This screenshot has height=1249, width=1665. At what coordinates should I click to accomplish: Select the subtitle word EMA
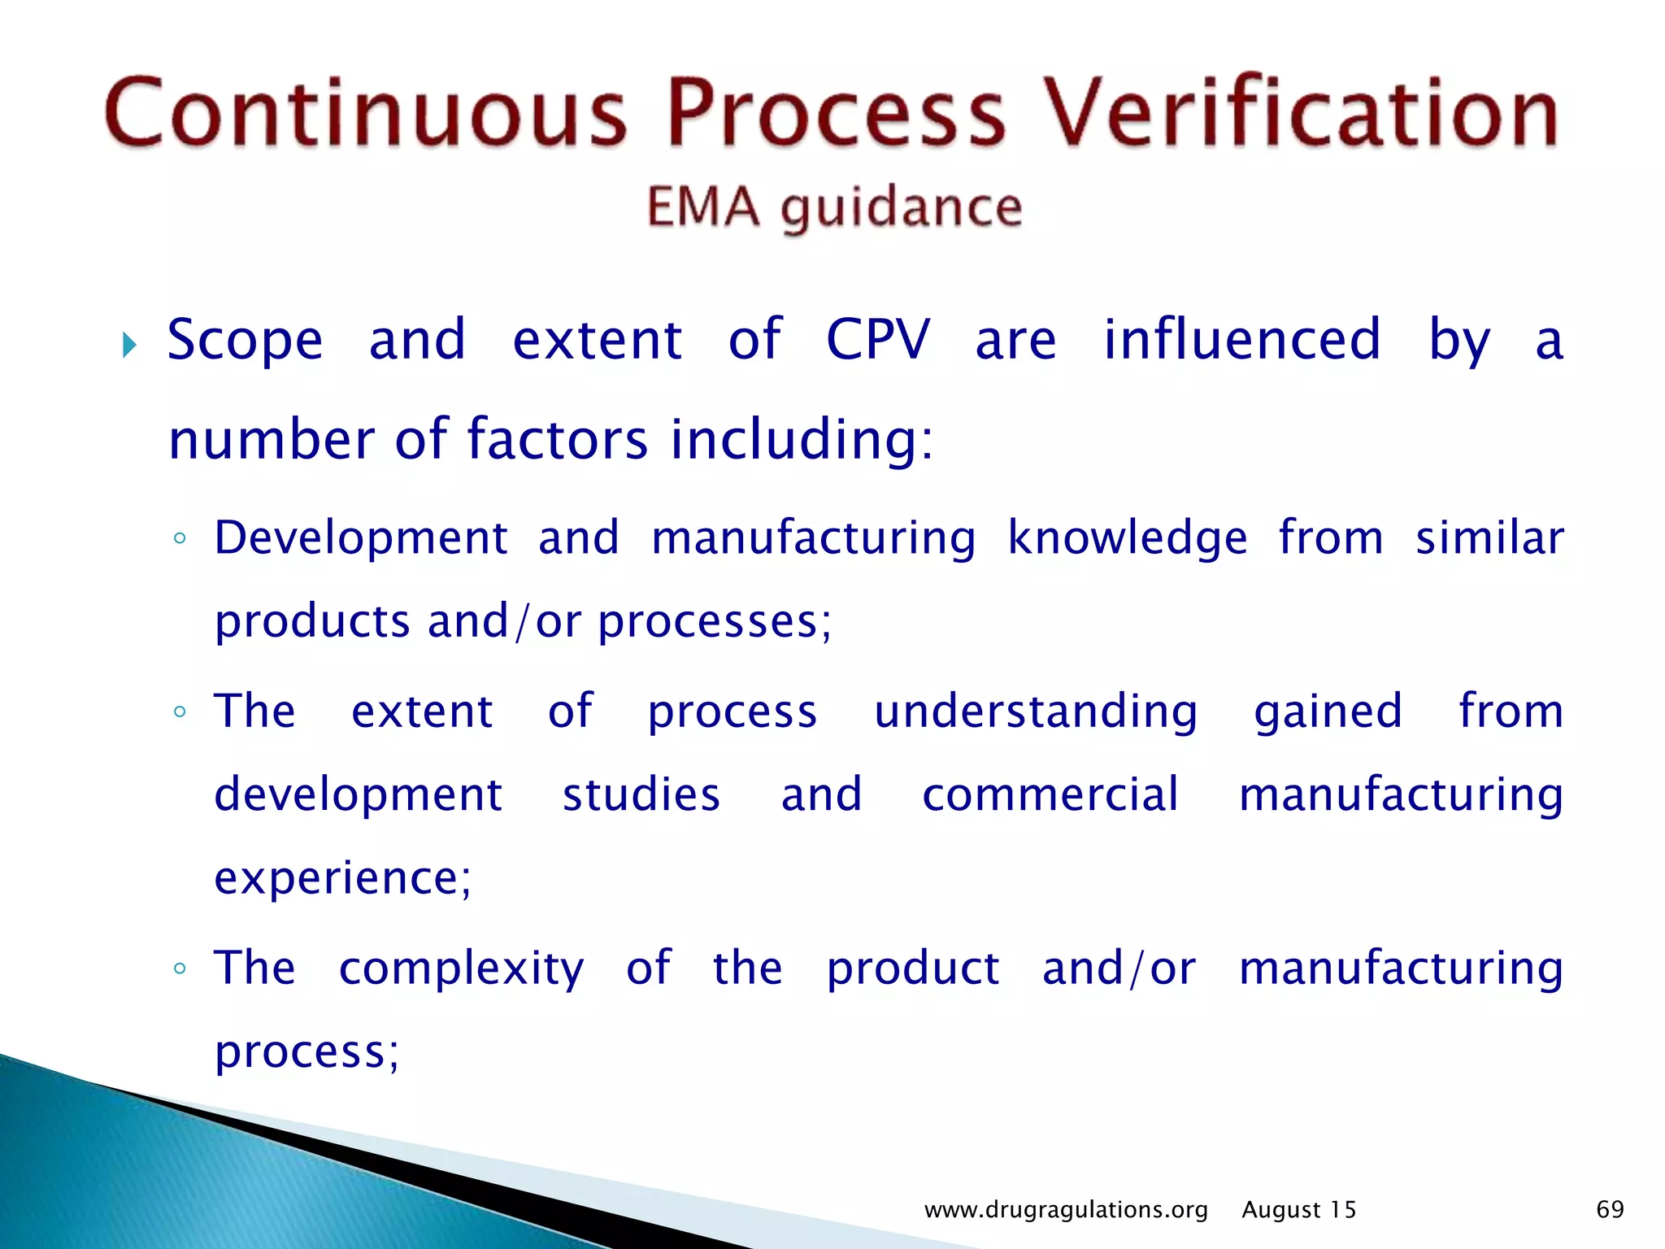[703, 207]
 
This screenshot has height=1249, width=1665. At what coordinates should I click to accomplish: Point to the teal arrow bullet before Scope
[129, 345]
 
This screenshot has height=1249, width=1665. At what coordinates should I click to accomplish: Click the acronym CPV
[878, 339]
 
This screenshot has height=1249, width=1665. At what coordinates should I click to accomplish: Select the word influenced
[1242, 339]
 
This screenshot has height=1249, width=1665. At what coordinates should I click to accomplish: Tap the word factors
[558, 439]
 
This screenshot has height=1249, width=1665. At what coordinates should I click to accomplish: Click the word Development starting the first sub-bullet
[361, 538]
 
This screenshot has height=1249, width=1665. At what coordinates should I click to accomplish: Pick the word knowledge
[1128, 538]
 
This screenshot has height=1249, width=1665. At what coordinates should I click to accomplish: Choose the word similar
[1489, 538]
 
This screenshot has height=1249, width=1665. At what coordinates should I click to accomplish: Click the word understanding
[1036, 712]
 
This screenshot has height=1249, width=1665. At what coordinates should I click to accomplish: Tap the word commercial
[1050, 794]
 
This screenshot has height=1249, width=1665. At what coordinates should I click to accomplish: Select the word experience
[342, 878]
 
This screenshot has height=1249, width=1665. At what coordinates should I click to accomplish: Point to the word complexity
[461, 969]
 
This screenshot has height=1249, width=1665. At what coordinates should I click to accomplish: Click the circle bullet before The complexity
[180, 968]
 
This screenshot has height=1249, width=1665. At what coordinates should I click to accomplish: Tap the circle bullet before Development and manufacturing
[180, 538]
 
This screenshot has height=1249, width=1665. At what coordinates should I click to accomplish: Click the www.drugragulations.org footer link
[1066, 1210]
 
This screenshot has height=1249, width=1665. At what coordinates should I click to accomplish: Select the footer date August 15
[1299, 1210]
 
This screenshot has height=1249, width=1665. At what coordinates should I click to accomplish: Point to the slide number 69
[1610, 1210]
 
